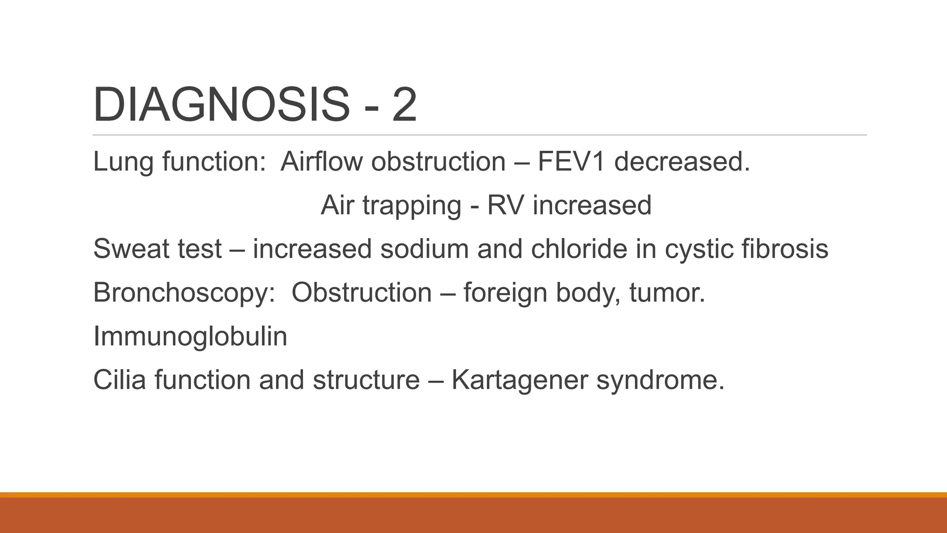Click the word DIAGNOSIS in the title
221,105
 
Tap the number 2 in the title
405,105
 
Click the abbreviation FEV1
571,161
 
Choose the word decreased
681,161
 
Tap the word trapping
412,205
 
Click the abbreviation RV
506,205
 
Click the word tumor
667,292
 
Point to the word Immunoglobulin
190,336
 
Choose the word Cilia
120,379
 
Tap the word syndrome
660,380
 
